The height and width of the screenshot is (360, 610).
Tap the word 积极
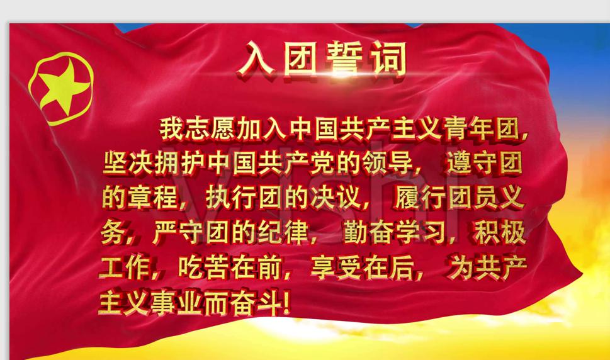[499, 234]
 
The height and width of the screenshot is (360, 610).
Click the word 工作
[126, 269]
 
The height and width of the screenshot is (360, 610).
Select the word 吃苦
[205, 269]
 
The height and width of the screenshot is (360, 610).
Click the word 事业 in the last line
[178, 305]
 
